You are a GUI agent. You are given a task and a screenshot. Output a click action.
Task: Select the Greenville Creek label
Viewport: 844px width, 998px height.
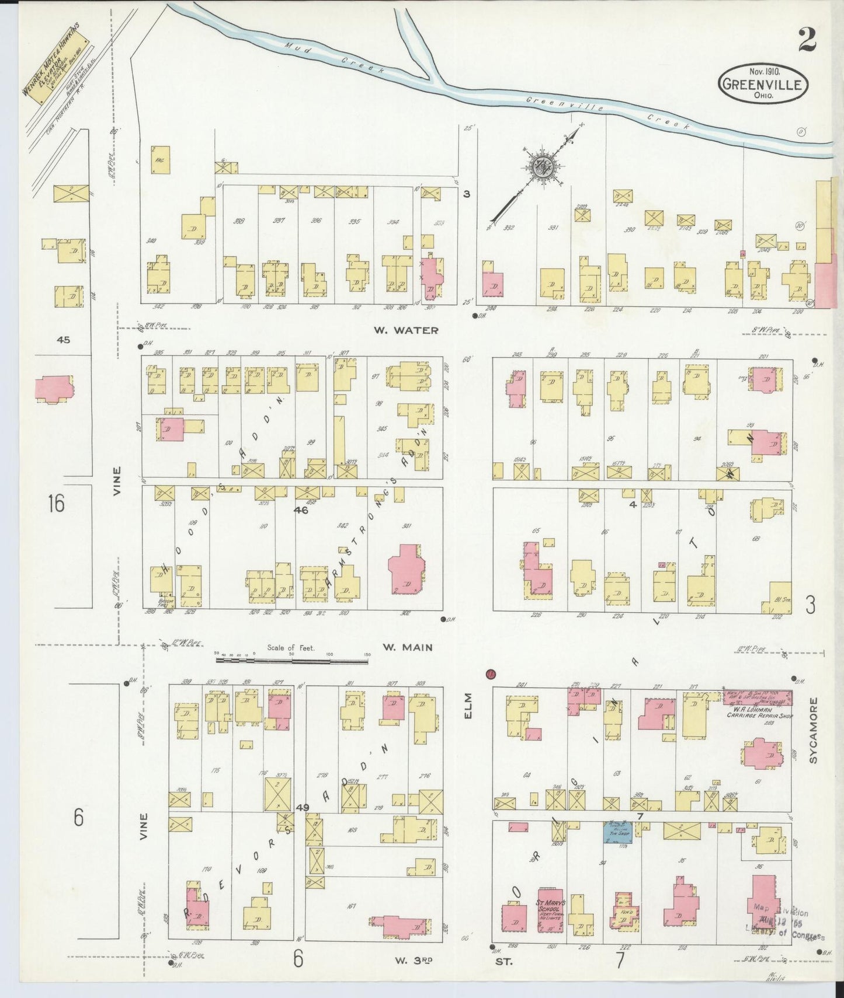(x=607, y=113)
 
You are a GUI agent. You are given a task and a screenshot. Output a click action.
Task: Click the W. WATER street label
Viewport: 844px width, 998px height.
(x=406, y=330)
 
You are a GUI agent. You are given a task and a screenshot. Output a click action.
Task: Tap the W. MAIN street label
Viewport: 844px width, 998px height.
(x=407, y=647)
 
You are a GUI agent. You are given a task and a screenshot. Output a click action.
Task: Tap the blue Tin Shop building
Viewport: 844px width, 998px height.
(x=620, y=831)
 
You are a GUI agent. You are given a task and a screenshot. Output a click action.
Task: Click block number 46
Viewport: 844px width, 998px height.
(x=301, y=510)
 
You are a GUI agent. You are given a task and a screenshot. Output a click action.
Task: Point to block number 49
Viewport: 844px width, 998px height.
(x=302, y=808)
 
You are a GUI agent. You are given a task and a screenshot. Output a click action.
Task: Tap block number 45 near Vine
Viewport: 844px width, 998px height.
(x=63, y=339)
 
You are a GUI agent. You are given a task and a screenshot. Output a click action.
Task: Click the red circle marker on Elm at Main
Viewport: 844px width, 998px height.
(x=491, y=674)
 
